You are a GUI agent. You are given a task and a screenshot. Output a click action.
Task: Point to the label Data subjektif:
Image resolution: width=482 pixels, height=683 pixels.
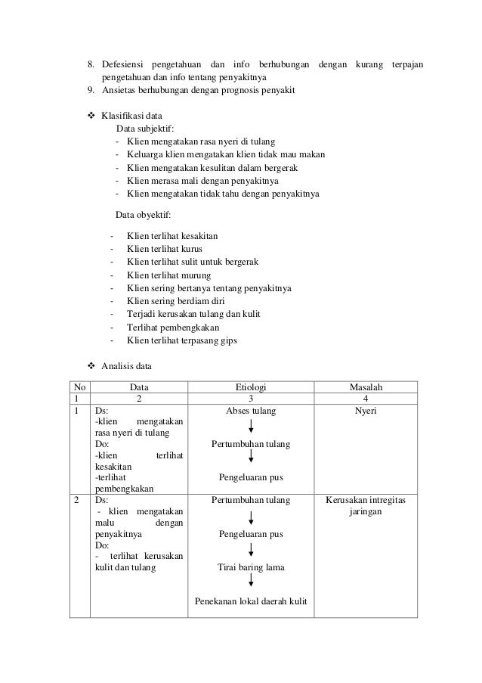coord(144,129)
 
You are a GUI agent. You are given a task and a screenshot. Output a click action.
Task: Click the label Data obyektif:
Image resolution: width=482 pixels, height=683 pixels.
coord(143,215)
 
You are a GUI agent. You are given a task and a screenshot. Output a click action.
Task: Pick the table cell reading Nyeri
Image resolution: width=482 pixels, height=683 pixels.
coord(365,411)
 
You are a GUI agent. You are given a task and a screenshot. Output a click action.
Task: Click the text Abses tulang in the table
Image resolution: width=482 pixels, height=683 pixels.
coord(251,411)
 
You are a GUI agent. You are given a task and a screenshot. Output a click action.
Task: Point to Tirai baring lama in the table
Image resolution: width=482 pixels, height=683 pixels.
coord(251,567)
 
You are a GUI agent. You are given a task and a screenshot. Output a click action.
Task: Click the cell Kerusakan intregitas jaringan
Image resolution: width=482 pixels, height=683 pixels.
coord(365,505)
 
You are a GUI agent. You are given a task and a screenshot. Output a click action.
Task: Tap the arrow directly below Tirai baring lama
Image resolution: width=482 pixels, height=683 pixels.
coord(251,583)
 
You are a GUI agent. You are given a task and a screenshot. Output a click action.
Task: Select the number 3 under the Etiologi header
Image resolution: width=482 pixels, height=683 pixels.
coord(251,399)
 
